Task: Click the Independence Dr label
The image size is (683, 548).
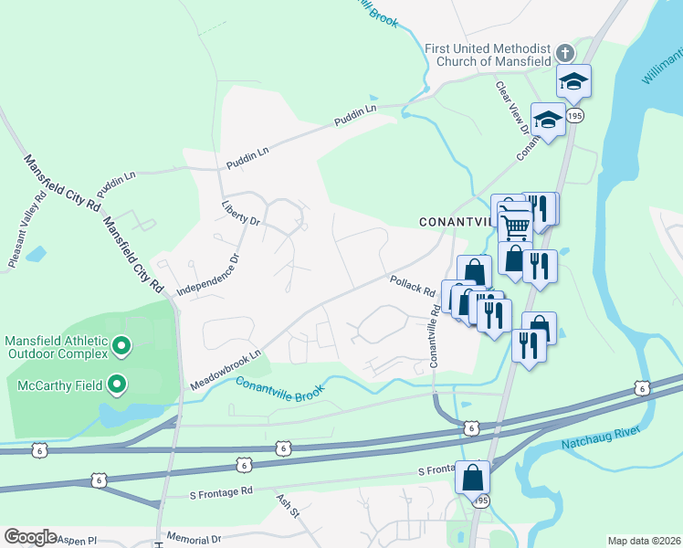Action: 207,275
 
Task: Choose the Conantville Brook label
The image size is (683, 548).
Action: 279,391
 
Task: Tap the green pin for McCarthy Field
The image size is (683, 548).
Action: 117,385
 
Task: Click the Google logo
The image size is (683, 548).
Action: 30,537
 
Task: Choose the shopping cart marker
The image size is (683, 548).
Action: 514,222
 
